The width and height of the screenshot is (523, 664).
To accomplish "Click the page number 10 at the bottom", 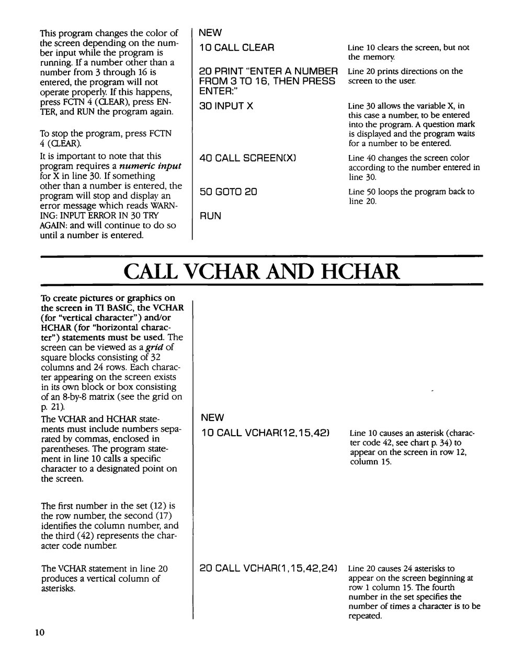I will click(x=40, y=633).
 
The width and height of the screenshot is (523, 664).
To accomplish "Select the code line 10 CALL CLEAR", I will click(x=236, y=48).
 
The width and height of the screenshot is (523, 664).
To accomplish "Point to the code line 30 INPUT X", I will click(x=226, y=106).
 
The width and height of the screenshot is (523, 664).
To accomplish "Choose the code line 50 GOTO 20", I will click(x=228, y=192).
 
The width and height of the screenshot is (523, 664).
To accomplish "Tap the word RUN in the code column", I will click(x=210, y=216).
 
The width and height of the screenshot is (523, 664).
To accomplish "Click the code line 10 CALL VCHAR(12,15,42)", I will click(x=265, y=433).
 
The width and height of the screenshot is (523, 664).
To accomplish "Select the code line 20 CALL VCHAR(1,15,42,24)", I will click(x=268, y=568).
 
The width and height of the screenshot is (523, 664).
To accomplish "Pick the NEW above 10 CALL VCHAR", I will click(x=212, y=417).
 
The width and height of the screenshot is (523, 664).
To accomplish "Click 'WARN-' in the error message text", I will click(x=166, y=206).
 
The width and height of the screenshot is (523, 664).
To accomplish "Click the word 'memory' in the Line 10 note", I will click(x=382, y=57).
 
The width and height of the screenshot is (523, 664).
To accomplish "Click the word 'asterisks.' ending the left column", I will click(x=58, y=589).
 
